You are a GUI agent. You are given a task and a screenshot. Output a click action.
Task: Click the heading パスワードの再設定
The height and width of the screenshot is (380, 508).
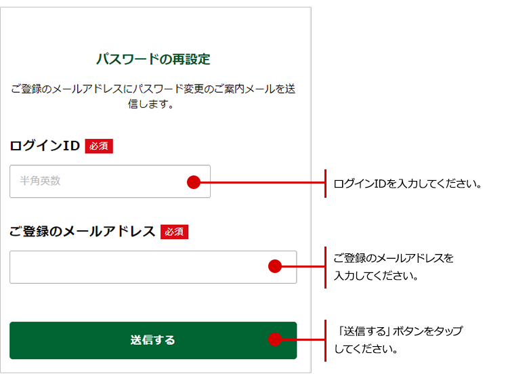pyautogui.click(x=153, y=60)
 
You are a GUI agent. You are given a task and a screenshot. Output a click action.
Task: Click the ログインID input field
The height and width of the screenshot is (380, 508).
pyautogui.click(x=110, y=182)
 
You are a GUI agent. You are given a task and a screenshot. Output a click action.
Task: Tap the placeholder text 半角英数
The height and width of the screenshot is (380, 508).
pyautogui.click(x=40, y=181)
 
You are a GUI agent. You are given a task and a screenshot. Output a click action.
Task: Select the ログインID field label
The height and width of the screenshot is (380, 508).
pyautogui.click(x=45, y=146)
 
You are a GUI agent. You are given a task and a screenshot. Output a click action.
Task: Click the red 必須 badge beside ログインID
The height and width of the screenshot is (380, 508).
pyautogui.click(x=99, y=146)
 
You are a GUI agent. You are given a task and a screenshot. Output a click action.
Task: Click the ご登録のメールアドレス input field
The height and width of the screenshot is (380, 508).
pyautogui.click(x=153, y=268)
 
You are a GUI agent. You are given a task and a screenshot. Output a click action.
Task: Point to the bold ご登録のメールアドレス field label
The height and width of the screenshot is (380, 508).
pyautogui.click(x=82, y=231)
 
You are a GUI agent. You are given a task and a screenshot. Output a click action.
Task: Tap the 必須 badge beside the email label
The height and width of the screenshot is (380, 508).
pyautogui.click(x=174, y=232)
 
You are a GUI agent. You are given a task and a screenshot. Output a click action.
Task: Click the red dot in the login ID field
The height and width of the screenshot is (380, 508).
pyautogui.click(x=194, y=182)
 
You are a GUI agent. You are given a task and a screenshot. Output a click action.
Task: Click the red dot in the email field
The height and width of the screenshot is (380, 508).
pyautogui.click(x=275, y=266)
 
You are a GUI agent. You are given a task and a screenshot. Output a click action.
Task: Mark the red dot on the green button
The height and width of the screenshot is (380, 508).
pyautogui.click(x=275, y=339)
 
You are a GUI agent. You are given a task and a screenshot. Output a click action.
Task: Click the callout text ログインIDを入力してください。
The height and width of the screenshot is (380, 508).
pyautogui.click(x=408, y=184)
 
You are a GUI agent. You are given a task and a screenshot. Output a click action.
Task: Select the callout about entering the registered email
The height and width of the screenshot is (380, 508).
pyautogui.click(x=394, y=267)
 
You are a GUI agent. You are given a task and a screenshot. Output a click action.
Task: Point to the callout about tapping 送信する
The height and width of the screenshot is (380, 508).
pyautogui.click(x=399, y=340)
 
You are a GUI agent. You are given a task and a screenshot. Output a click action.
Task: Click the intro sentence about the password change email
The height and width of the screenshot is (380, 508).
pyautogui.click(x=153, y=96)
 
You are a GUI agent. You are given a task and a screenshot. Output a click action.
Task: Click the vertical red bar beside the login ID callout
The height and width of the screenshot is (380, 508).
pyautogui.click(x=325, y=184)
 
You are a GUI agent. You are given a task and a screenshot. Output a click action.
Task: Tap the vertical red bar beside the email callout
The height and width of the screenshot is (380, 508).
pyautogui.click(x=325, y=268)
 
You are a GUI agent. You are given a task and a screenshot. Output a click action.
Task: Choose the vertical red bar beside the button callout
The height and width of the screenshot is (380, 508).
pyautogui.click(x=325, y=341)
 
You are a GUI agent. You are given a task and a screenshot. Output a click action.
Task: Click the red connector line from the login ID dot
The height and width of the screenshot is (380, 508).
pyautogui.click(x=262, y=182)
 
